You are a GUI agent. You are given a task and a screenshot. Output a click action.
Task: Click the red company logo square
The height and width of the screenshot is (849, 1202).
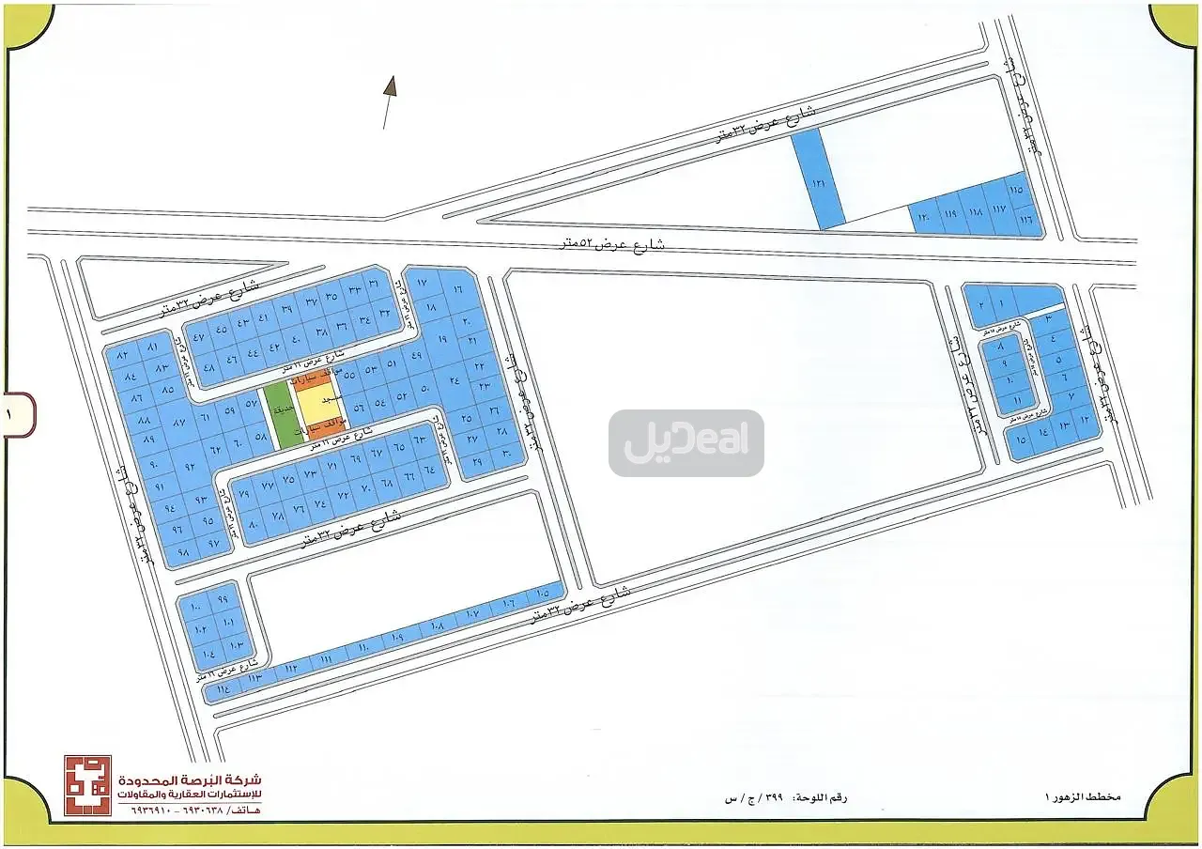[x=87, y=785]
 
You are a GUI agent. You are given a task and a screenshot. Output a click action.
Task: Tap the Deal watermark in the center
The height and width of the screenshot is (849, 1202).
[x=686, y=442]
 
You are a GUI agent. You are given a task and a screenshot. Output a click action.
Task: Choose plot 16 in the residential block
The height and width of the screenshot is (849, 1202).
[x=457, y=290]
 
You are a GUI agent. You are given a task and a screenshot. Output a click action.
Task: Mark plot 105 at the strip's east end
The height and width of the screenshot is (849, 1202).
[x=542, y=594]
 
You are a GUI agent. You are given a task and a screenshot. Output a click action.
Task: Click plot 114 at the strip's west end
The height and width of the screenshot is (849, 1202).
[x=222, y=690]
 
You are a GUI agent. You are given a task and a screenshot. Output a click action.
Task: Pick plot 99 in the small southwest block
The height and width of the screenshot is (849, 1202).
[x=222, y=599]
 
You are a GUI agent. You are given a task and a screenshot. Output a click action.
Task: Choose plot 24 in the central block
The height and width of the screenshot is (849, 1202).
[x=455, y=380]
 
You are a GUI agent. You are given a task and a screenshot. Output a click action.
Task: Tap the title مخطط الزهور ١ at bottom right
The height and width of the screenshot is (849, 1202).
[x=1083, y=796]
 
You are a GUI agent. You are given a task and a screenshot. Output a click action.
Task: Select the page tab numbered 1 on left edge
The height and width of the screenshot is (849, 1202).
[x=18, y=414]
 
